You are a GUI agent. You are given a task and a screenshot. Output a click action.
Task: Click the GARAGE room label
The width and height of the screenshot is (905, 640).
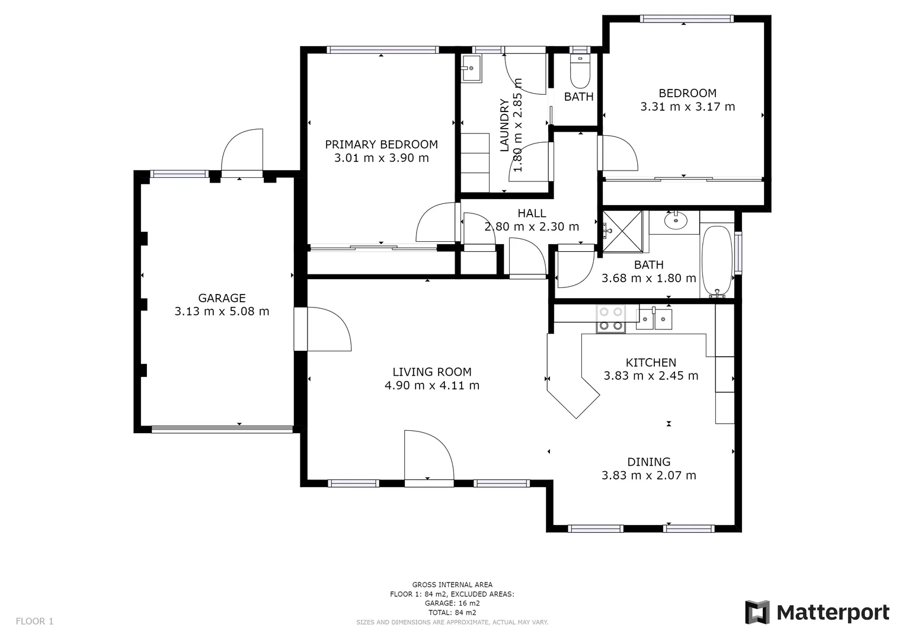pyautogui.click(x=222, y=298)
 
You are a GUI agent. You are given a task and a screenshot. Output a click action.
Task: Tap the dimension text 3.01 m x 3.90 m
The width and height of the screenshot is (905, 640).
pyautogui.click(x=381, y=158)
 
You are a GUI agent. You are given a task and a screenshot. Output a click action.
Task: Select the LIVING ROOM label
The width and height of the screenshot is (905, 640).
pyautogui.click(x=432, y=372)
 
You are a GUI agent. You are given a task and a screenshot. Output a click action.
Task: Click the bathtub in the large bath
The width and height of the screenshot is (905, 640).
pyautogui.click(x=717, y=261)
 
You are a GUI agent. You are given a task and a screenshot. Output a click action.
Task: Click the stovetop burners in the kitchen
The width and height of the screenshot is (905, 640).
pyautogui.click(x=610, y=319)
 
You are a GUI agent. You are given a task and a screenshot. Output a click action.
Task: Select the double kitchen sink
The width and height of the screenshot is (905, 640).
pyautogui.click(x=654, y=319)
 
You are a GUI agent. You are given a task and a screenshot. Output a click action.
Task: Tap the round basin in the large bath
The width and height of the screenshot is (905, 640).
pyautogui.click(x=675, y=222)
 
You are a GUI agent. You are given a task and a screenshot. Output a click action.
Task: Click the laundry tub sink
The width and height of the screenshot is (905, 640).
pyautogui.click(x=472, y=69)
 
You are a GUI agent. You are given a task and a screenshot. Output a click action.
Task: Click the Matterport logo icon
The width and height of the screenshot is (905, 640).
pyautogui.click(x=757, y=612)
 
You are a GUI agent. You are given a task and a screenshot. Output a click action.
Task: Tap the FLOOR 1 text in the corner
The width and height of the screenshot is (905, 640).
pyautogui.click(x=34, y=622)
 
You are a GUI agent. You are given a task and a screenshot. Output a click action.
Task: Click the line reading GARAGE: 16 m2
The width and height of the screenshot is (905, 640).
pyautogui.click(x=452, y=603)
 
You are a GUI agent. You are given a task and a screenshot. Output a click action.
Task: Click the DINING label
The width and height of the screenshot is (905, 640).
pyautogui.click(x=649, y=462)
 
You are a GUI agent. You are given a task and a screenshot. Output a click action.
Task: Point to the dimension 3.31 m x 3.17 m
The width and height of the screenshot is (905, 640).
pyautogui.click(x=687, y=107)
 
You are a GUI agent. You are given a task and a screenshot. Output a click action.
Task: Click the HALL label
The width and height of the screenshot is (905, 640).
pyautogui.click(x=532, y=213)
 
